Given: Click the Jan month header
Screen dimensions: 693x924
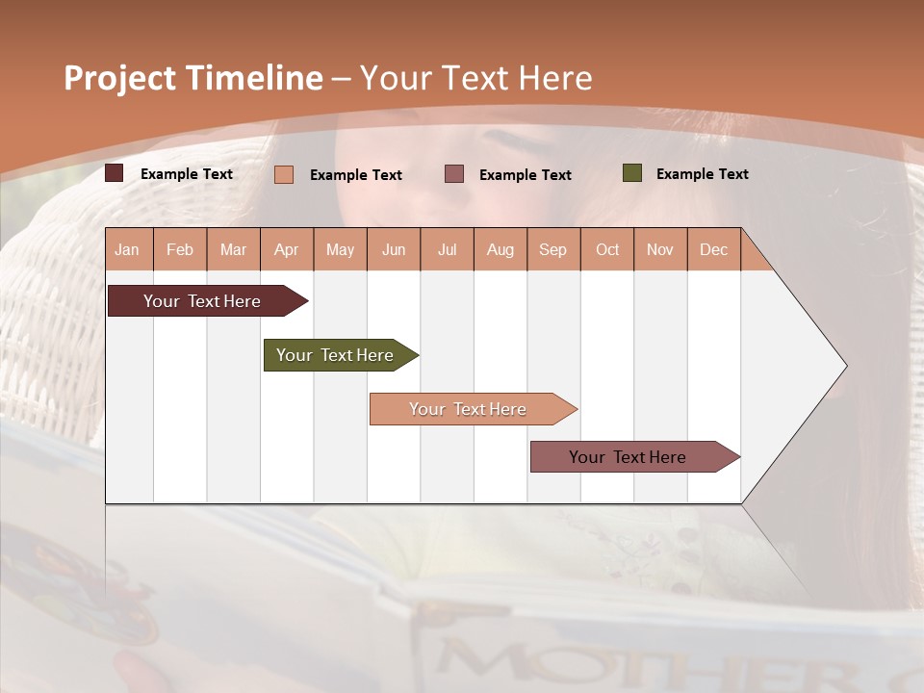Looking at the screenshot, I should coord(127,249).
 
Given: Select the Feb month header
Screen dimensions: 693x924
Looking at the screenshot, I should coord(180,249).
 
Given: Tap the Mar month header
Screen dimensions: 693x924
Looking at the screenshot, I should coord(233,249).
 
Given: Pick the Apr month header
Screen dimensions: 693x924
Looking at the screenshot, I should coord(287,249).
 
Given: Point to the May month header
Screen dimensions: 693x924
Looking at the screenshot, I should coord(340,249).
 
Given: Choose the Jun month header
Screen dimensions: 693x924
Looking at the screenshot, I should coord(394,249).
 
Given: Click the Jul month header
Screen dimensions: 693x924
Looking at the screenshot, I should coord(447,249).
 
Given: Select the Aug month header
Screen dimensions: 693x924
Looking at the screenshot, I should coord(500,249).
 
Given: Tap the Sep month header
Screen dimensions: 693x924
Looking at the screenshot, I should coord(553,249).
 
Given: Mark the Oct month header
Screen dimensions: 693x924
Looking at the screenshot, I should coord(607,249).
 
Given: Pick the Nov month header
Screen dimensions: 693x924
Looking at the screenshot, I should coord(660,249).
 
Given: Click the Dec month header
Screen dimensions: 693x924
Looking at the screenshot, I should coord(714,249).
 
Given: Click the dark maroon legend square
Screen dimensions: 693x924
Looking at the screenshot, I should coord(115,173).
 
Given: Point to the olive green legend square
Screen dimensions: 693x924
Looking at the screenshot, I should coord(631,173).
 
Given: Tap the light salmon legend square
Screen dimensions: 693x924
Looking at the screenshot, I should coord(284,174).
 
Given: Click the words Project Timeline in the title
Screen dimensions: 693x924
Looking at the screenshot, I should coord(192,78).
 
